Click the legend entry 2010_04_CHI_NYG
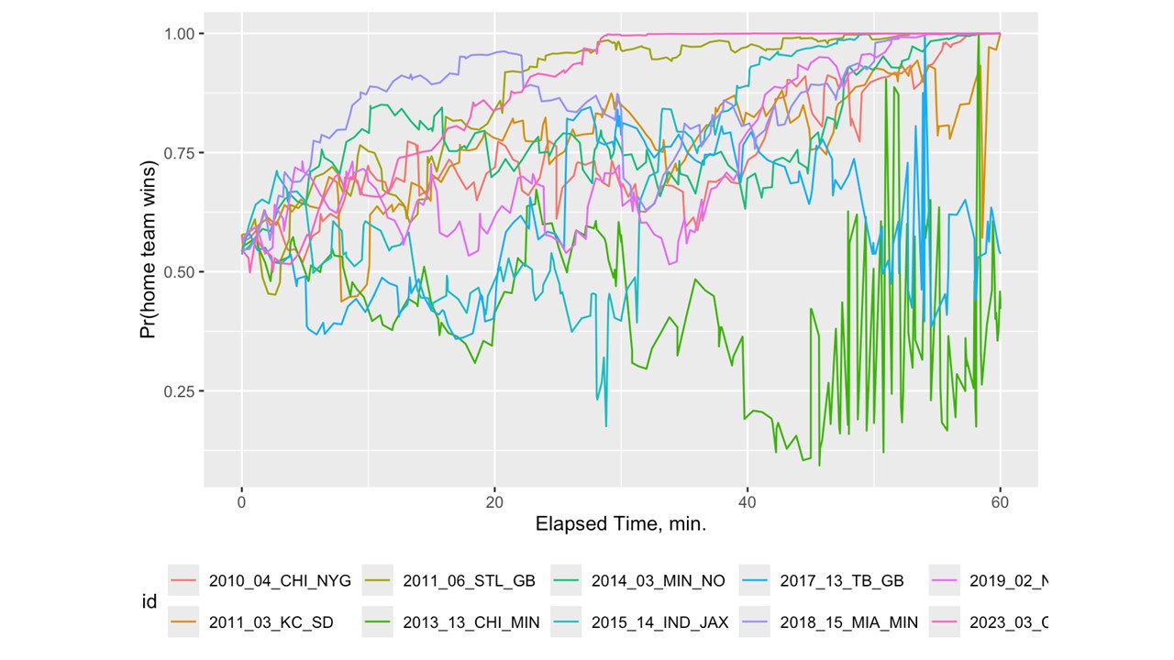coord(279,580)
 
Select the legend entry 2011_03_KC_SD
coord(271,622)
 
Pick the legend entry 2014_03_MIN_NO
coord(658,580)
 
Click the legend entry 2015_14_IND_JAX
coord(659,622)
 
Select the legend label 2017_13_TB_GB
coord(841,580)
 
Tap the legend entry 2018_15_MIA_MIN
coord(848,622)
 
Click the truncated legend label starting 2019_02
coord(1008,580)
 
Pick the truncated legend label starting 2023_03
coord(1008,622)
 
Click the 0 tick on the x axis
coord(241,502)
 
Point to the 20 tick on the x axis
coord(494,502)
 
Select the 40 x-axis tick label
coord(748,502)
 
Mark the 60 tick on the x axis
coord(1000,502)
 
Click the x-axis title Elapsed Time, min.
coord(620,526)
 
